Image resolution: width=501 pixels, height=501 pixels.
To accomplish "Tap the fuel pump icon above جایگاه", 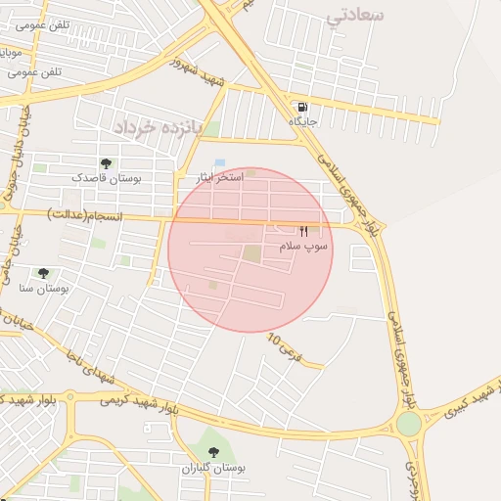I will (302, 107).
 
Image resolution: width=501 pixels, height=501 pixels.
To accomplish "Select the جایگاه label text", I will (302, 120).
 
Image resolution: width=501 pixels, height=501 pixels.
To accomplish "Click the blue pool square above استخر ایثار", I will (219, 162).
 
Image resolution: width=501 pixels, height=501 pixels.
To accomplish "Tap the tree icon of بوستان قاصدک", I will (106, 163).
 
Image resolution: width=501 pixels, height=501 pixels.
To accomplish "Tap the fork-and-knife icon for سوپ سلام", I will (303, 232).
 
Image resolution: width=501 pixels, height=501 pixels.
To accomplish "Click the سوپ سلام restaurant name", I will (303, 247).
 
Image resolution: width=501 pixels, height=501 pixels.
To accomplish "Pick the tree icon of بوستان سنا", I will (42, 274).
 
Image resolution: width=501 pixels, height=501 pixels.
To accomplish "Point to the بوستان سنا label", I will (42, 289).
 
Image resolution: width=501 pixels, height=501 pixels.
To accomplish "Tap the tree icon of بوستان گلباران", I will (214, 452).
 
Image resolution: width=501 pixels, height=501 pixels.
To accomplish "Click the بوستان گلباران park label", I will (214, 468).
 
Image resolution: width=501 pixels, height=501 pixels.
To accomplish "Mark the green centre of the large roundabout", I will (408, 424).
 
